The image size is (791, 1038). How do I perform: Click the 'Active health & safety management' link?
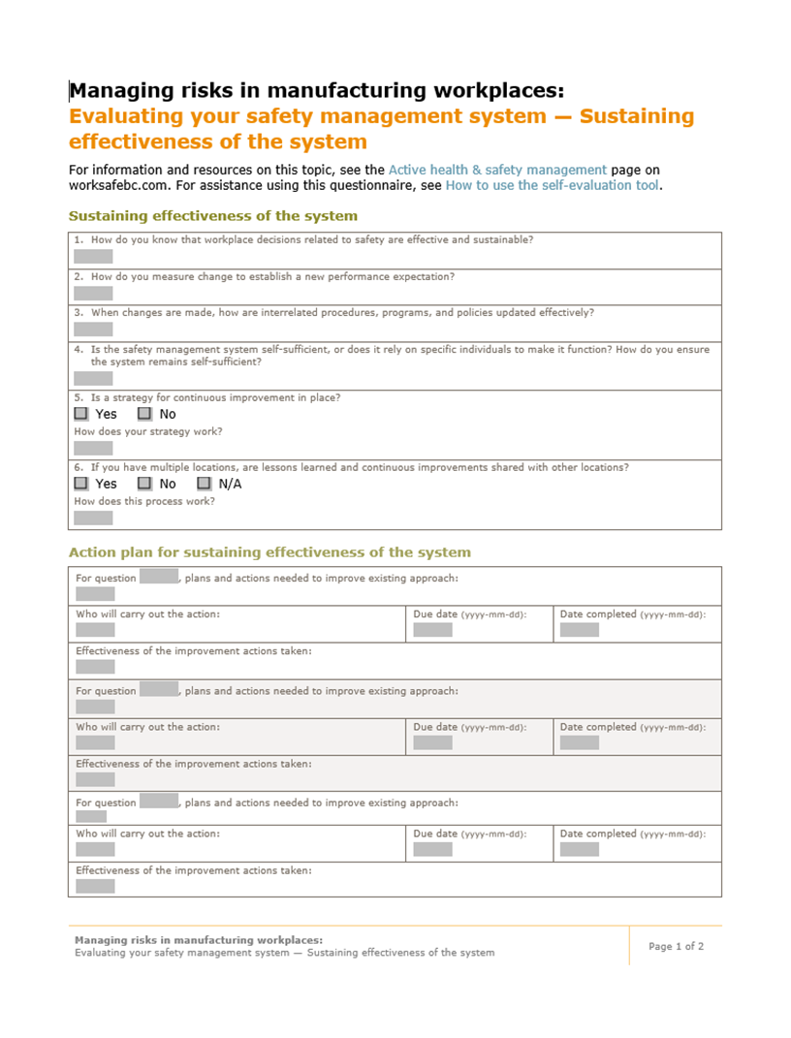click(497, 170)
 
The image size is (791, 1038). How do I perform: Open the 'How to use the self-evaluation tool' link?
click(553, 185)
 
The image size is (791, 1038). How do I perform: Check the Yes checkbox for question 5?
click(81, 414)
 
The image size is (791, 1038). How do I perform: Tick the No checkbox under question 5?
click(144, 414)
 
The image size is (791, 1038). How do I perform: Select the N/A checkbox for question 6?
click(204, 484)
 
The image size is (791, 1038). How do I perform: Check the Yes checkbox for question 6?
click(81, 484)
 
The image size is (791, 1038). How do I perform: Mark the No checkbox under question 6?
click(144, 484)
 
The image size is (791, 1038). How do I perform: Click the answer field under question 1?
click(93, 257)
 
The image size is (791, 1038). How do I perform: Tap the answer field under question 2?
click(93, 293)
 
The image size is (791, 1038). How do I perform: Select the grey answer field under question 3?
click(93, 330)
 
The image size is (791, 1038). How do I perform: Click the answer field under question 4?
click(93, 378)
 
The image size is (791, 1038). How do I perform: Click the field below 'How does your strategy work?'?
click(93, 448)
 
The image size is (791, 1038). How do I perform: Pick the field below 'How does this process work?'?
click(93, 518)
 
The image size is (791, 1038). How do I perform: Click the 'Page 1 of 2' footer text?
click(676, 946)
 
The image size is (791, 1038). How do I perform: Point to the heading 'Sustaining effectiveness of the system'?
click(212, 216)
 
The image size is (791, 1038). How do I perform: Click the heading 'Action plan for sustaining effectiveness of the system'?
click(269, 552)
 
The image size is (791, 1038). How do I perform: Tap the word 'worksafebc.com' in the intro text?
click(115, 185)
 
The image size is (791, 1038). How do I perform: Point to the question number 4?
click(78, 350)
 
